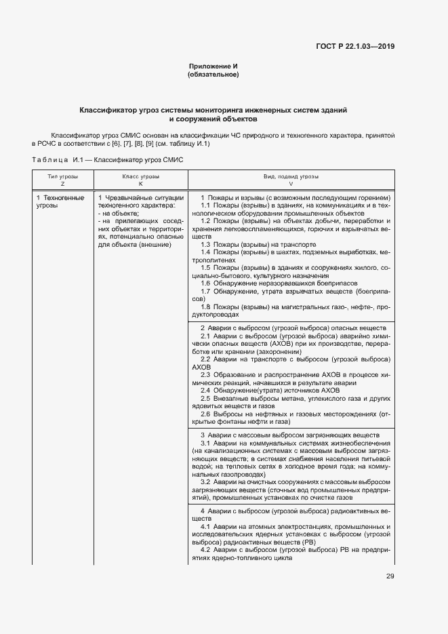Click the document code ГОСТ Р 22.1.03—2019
[x=355, y=46]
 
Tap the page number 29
[x=390, y=576]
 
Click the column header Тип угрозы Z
[x=62, y=180]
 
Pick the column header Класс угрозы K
[x=140, y=180]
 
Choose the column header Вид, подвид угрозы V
[x=291, y=180]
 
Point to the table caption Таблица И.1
[x=107, y=160]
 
